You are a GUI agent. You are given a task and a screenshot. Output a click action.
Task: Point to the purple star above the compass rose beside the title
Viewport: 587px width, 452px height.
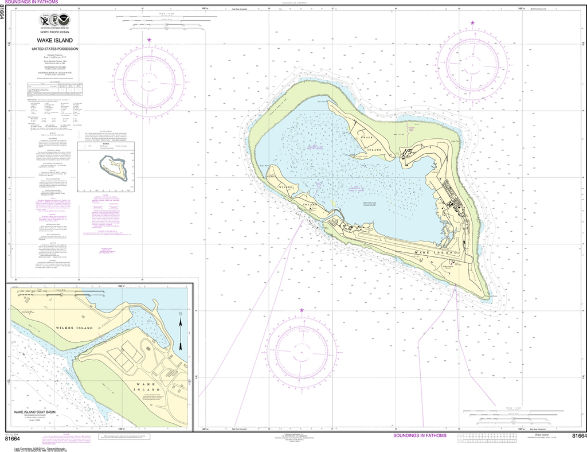click(149, 40)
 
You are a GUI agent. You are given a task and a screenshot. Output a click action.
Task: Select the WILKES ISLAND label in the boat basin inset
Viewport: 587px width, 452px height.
click(75, 328)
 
